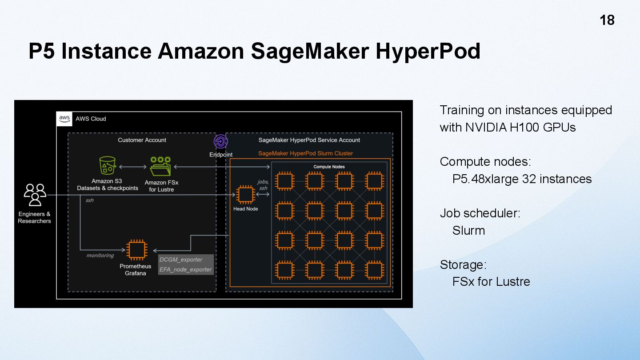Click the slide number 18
click(607, 20)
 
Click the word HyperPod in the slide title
click(428, 51)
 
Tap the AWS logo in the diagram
click(64, 119)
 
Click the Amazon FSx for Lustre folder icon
click(160, 167)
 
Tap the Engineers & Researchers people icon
click(35, 195)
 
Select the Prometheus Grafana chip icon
click(135, 250)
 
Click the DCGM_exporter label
click(181, 260)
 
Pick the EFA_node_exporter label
click(185, 269)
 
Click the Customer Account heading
click(142, 140)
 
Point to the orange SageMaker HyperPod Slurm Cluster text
click(305, 153)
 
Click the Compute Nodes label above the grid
click(328, 167)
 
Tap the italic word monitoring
click(100, 256)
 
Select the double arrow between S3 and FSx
click(132, 167)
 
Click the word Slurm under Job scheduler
click(468, 230)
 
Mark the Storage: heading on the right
click(463, 265)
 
